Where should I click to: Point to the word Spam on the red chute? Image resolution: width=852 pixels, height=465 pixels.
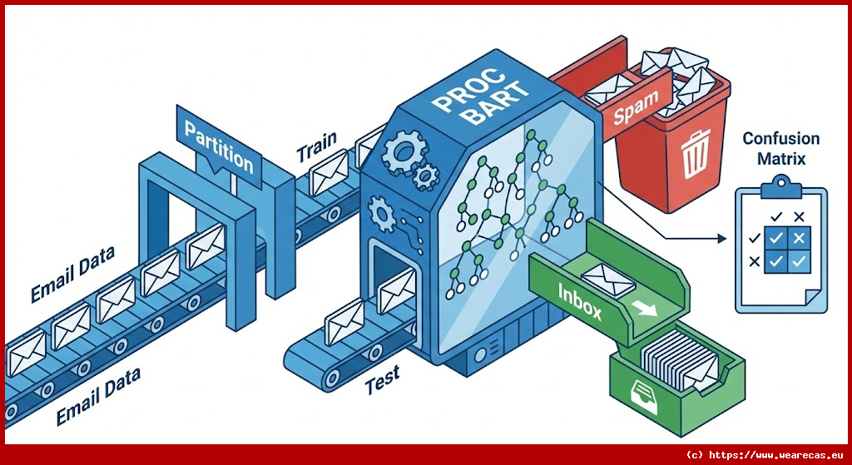636,106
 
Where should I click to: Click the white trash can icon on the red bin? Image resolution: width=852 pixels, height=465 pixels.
694,158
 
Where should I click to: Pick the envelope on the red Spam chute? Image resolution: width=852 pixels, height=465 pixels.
613,85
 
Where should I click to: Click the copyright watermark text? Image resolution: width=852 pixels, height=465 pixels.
763,455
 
